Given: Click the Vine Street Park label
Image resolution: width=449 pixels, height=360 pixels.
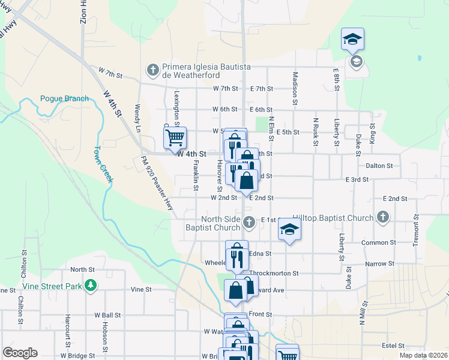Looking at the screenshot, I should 57,286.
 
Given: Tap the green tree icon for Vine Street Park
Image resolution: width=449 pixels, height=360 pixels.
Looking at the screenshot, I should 91,286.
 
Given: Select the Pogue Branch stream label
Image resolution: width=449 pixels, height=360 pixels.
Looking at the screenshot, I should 64,98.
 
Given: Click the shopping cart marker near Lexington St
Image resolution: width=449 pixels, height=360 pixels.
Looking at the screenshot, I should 175,137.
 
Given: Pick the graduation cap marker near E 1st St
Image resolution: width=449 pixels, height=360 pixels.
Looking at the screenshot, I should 289,229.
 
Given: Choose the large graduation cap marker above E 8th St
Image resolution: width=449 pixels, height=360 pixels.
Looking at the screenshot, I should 352,40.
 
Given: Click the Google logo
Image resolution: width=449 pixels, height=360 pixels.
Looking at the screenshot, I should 20,353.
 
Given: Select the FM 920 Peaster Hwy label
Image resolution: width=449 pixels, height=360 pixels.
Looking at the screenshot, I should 156,182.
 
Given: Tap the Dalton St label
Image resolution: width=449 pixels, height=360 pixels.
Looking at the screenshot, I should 378,166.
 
